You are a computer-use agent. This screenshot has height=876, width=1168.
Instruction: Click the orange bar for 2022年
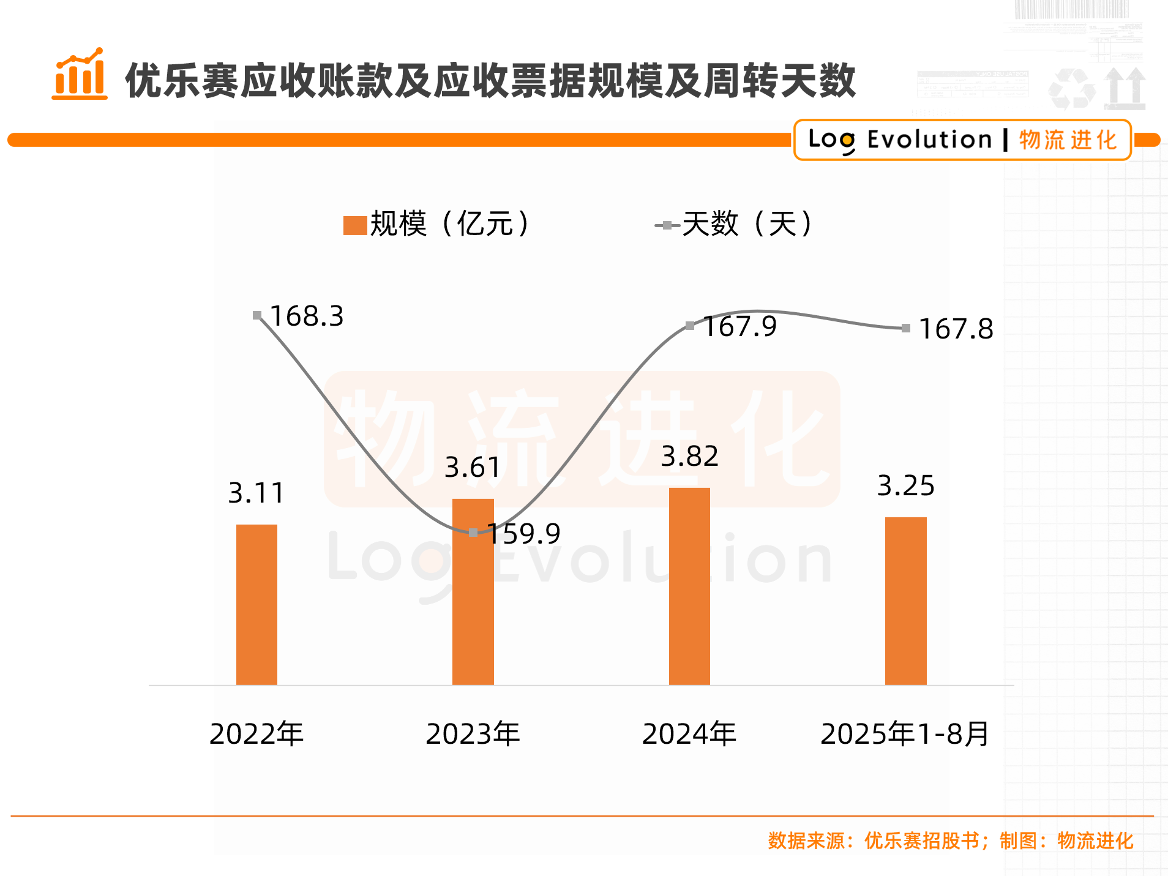[256, 604]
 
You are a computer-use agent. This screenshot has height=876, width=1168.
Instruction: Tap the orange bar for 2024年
[689, 586]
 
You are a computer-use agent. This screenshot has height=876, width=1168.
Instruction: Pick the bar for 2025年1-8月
[905, 601]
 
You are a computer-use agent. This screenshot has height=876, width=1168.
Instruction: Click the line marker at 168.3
[257, 315]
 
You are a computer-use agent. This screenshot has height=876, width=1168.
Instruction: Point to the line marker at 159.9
[473, 533]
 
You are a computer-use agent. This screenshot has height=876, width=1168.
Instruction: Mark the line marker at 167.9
[690, 326]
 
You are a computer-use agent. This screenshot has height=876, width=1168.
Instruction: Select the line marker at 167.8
[906, 328]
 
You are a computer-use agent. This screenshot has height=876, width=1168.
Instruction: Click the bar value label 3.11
[256, 493]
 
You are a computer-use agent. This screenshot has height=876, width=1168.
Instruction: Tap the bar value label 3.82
[689, 456]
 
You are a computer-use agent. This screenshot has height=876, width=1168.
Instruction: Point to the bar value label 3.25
[905, 485]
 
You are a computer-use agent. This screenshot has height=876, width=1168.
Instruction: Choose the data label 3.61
[473, 468]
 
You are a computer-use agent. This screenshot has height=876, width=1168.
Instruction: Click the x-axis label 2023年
[473, 733]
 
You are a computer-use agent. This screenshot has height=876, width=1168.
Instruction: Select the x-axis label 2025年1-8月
[905, 733]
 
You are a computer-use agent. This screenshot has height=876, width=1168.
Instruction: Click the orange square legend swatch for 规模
[355, 225]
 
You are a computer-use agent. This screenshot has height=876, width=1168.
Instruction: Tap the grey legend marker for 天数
[667, 225]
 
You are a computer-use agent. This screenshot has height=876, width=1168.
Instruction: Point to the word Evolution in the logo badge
[929, 140]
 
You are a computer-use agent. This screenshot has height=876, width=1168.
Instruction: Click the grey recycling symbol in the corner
[1071, 89]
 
